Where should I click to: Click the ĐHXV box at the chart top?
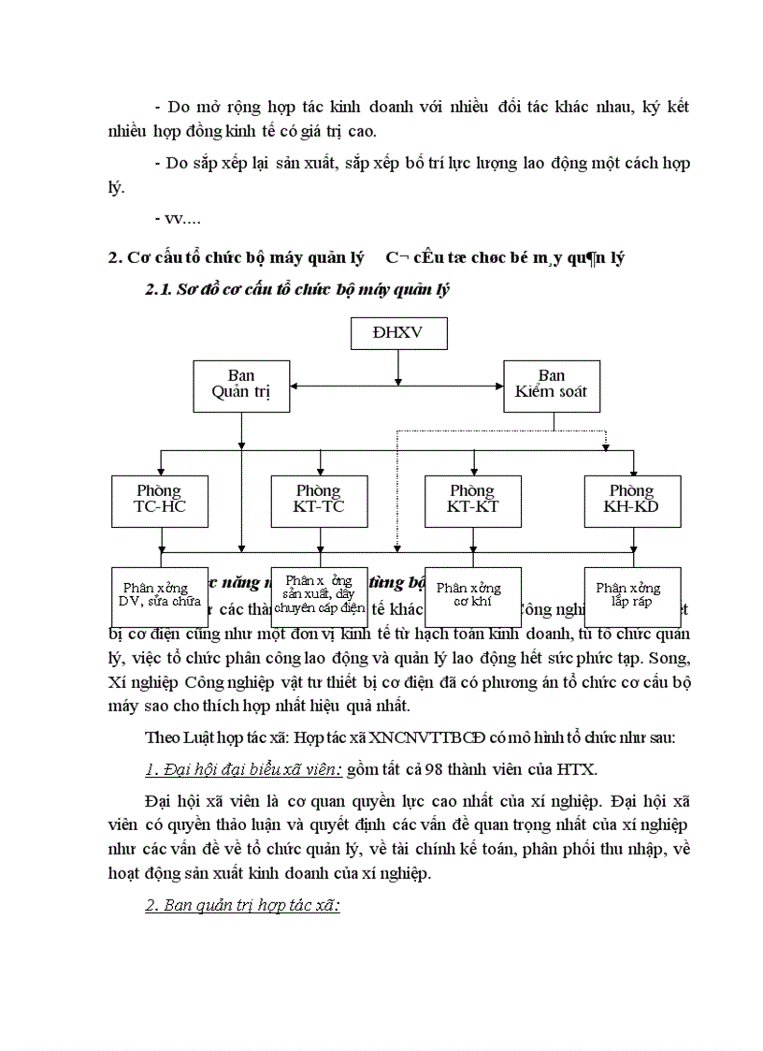coord(398,332)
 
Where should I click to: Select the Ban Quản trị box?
coord(241,385)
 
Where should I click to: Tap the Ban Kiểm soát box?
coord(552,385)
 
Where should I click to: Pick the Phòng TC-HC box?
coord(159,500)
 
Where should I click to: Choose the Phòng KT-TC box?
coord(319,500)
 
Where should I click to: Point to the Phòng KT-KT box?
coord(472,500)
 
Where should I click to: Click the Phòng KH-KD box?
coord(632,500)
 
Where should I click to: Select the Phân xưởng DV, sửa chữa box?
coord(159,596)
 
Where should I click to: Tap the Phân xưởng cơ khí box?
coord(469,596)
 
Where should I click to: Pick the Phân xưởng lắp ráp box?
coord(631,596)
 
